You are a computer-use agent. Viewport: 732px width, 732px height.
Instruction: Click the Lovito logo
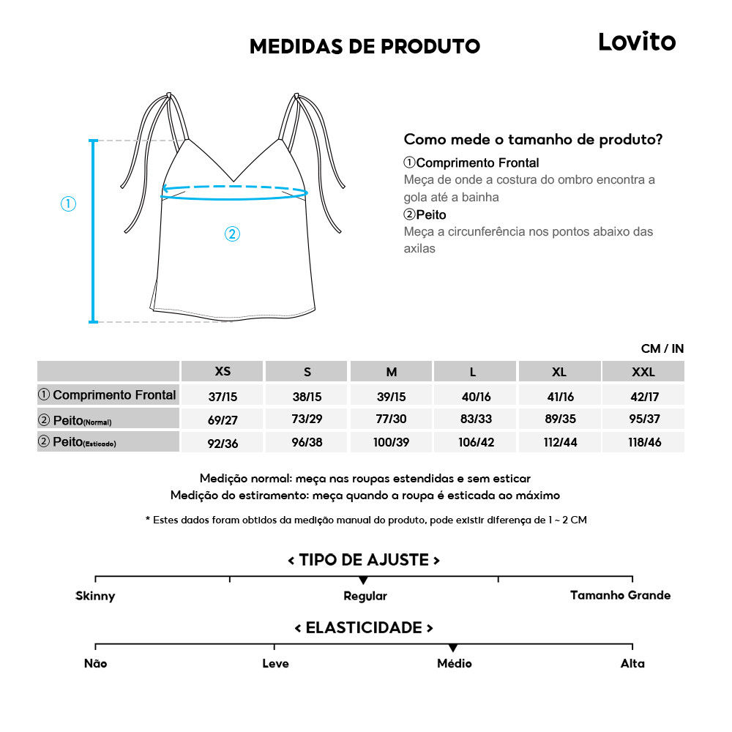click(x=637, y=42)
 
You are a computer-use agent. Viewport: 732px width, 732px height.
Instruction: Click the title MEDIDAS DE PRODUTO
click(x=365, y=47)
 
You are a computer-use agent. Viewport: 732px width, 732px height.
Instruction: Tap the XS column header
click(x=223, y=371)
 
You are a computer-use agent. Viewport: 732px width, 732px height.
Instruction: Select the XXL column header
click(x=643, y=372)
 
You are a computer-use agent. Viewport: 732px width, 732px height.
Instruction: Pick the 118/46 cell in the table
click(x=643, y=443)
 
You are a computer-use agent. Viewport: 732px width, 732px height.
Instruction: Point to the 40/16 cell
click(x=476, y=396)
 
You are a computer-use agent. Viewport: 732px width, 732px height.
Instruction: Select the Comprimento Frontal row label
click(x=108, y=395)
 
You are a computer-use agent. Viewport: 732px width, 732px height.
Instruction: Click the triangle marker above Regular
click(x=364, y=580)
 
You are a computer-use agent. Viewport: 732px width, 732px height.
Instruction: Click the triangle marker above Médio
click(x=453, y=648)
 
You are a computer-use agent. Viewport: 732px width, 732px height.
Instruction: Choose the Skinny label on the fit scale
click(x=95, y=596)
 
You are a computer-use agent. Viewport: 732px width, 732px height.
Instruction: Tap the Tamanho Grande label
click(x=620, y=595)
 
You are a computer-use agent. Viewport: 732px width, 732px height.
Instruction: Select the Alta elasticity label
click(x=632, y=663)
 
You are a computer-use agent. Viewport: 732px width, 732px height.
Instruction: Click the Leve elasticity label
click(x=275, y=663)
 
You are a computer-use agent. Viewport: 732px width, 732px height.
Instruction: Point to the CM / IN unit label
click(x=662, y=348)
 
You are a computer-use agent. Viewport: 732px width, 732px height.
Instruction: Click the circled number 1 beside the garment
click(x=68, y=204)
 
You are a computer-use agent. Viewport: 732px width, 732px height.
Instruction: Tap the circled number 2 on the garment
click(x=231, y=234)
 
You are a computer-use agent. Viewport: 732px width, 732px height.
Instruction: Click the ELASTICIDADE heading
click(x=364, y=628)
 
